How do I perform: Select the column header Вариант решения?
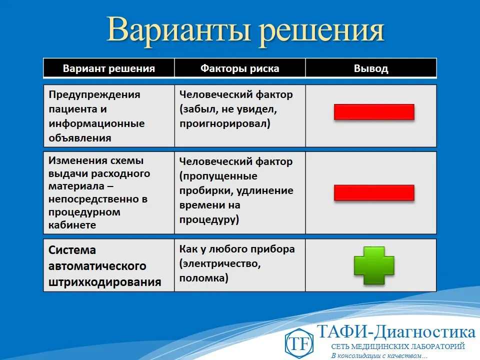109,68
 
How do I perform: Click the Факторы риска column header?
239,68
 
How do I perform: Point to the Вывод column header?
370,68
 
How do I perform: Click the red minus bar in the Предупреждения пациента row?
374,112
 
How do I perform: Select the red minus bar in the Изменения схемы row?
374,192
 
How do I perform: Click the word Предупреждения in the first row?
94,94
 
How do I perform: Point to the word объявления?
80,137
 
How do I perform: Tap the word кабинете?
72,225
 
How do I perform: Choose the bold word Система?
72,250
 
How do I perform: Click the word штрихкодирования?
105,282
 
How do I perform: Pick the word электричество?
219,263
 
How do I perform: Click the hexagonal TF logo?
299,343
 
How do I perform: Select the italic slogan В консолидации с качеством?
379,355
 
